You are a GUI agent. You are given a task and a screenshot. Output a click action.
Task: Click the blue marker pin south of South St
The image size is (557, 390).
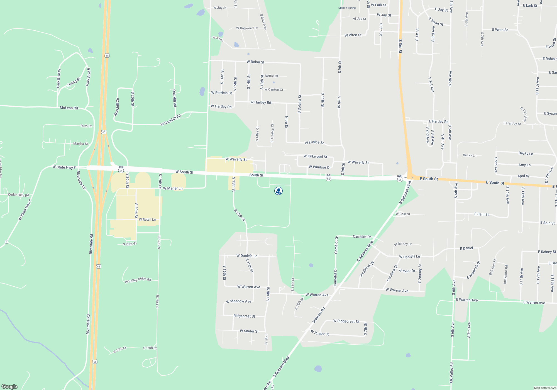[278, 191]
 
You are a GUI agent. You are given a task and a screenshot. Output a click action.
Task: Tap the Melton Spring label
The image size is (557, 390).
[347, 8]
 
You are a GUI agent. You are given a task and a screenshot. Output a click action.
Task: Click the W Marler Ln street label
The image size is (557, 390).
[173, 189]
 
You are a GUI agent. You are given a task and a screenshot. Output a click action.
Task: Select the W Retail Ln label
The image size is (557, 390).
[147, 220]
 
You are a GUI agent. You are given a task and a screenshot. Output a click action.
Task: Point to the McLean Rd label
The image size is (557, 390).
[69, 108]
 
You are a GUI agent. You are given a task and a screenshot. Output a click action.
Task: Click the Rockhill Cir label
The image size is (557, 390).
[117, 107]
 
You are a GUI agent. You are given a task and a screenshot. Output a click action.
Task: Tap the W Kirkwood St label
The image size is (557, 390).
[315, 157]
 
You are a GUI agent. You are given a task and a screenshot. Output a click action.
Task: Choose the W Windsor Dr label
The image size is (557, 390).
[319, 167]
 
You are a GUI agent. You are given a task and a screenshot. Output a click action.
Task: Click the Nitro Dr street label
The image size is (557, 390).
[286, 122]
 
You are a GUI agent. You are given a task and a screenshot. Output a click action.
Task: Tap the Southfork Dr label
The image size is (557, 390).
[367, 269]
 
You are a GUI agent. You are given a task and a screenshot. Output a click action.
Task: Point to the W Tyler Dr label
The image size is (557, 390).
[407, 271]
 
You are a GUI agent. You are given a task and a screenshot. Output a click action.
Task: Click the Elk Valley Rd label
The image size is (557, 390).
[451, 373]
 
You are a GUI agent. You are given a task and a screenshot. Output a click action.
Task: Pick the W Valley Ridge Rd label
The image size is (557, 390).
[138, 280]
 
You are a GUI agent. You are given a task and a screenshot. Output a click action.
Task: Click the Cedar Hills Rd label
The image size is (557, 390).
[18, 195]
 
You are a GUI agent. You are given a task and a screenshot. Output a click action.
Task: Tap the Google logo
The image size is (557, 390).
[9, 387]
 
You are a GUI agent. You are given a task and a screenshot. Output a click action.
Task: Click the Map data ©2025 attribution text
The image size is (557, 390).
[545, 388]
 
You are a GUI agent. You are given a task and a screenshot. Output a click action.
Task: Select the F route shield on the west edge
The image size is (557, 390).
[7, 242]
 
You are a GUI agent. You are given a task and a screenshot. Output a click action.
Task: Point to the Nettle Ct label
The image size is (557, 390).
[271, 76]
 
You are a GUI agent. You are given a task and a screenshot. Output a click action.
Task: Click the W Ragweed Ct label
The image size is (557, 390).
[247, 28]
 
